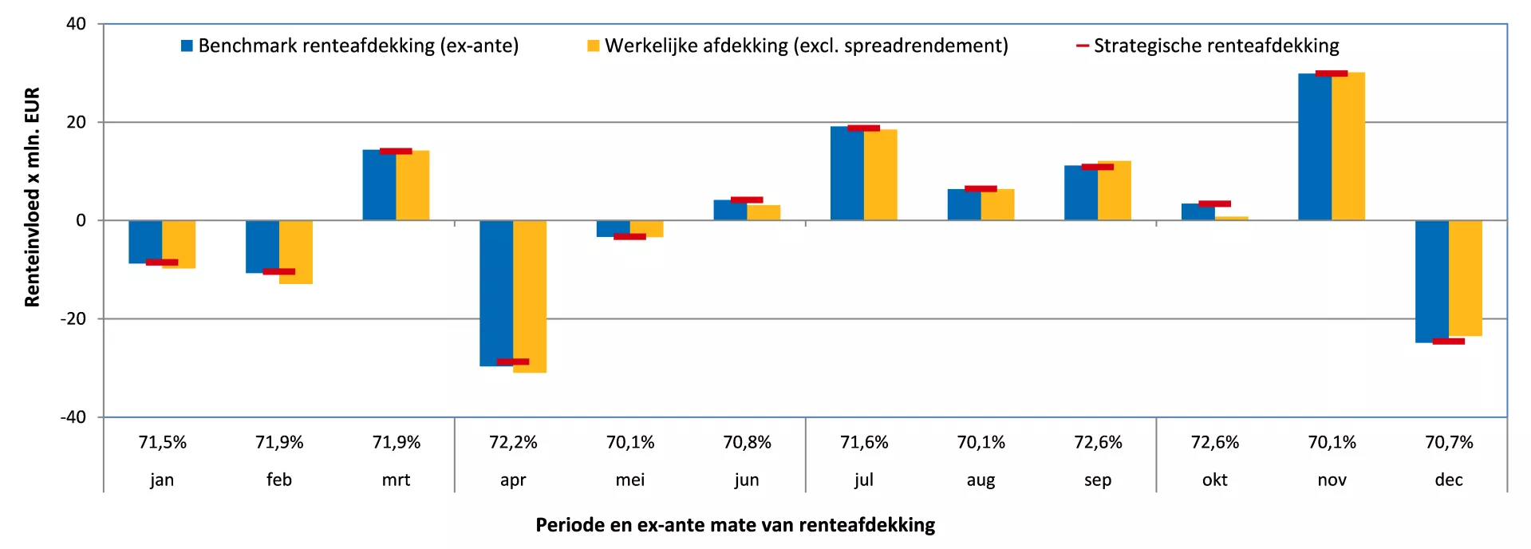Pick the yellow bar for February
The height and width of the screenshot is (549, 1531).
(296, 252)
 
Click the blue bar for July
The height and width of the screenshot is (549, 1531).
(847, 173)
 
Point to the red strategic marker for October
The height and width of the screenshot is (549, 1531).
(1214, 203)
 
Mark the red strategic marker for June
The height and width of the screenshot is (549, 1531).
(747, 199)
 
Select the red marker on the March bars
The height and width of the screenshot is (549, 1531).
(396, 151)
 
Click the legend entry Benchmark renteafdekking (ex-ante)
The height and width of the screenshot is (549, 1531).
(350, 45)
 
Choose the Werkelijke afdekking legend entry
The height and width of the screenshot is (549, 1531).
(798, 45)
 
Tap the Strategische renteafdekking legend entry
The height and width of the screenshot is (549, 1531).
(1208, 45)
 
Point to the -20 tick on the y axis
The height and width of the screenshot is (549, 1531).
(73, 318)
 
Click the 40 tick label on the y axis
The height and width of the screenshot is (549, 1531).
(77, 24)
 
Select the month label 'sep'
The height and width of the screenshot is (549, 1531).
(1098, 480)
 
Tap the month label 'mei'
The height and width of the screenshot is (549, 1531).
(630, 480)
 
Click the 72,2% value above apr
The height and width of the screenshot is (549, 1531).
(513, 442)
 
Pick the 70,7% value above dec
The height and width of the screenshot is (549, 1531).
(1449, 442)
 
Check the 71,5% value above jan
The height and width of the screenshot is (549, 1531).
(162, 442)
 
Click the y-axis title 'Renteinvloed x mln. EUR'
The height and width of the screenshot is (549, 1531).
(32, 197)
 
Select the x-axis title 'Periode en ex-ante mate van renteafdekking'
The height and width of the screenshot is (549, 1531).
(735, 525)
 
